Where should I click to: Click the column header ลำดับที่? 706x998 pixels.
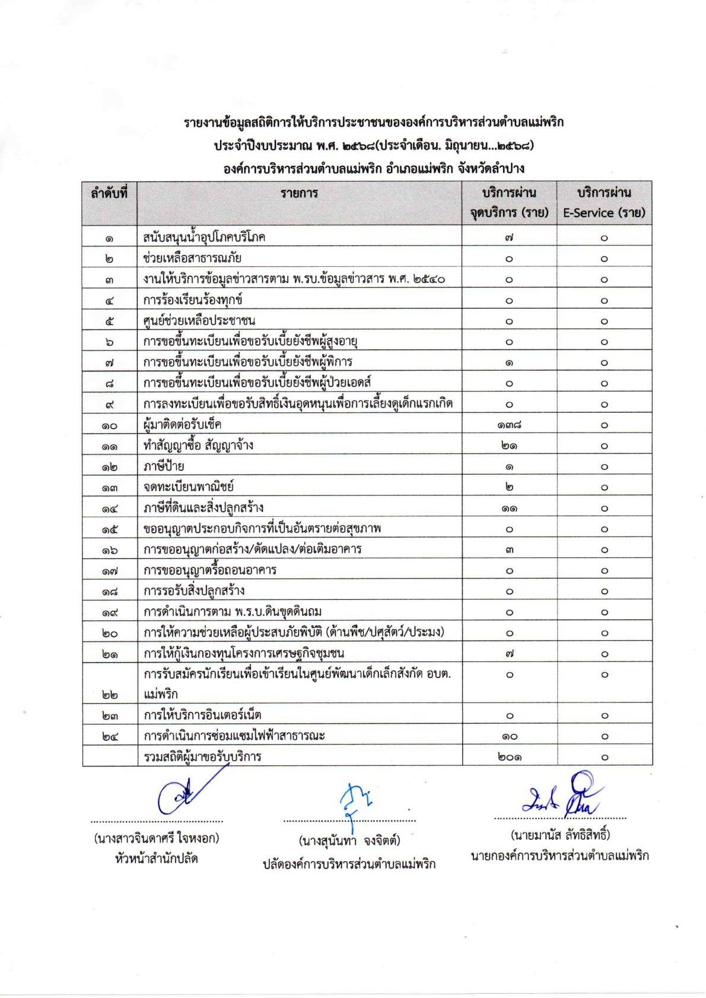[x=109, y=193]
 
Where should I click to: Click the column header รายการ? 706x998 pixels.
[x=299, y=193]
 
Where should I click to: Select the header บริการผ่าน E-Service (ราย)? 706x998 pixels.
[x=604, y=203]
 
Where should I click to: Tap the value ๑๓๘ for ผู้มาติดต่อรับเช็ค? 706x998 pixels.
[x=509, y=425]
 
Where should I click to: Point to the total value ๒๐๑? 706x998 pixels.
[x=509, y=757]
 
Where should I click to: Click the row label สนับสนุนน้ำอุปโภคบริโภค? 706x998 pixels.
[x=204, y=237]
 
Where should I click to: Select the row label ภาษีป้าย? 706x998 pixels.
[x=163, y=466]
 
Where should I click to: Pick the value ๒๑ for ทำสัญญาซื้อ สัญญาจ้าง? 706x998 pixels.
[x=509, y=446]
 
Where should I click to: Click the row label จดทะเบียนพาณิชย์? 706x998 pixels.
[x=188, y=487]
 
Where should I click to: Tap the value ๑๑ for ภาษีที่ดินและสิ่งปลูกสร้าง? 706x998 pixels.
[x=509, y=508]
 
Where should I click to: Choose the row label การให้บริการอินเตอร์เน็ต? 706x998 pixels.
[x=202, y=715]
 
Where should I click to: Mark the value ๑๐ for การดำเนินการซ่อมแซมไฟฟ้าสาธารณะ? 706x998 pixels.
[x=509, y=736]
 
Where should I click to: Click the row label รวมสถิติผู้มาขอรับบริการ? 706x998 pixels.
[x=202, y=757]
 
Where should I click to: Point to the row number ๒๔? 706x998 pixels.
[x=109, y=737]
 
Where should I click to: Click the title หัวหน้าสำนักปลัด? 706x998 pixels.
[x=156, y=859]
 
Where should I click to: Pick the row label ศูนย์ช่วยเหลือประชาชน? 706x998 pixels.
[x=199, y=321]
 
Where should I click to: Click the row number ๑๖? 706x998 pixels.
[x=109, y=550]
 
